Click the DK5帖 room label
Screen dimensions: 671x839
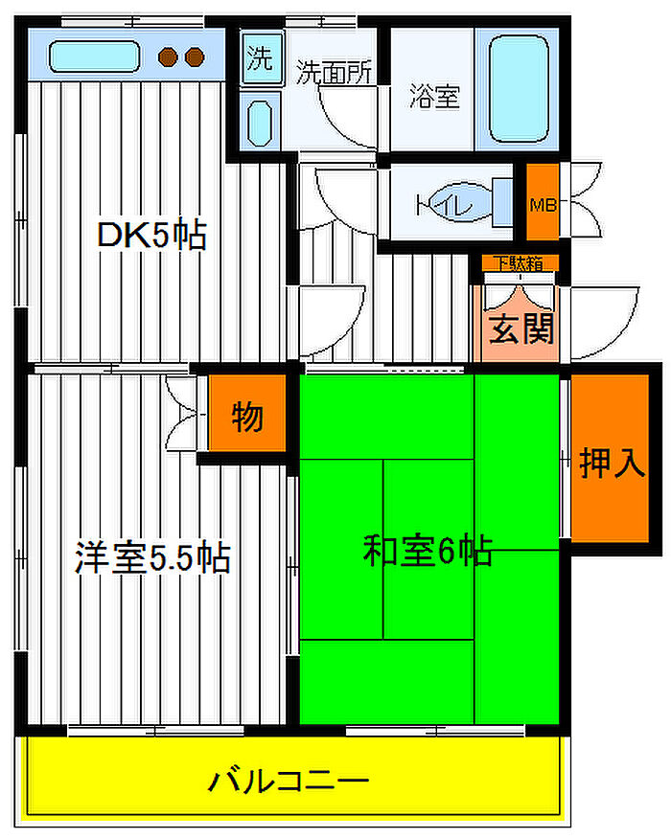(151, 235)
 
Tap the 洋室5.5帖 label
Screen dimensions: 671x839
(152, 557)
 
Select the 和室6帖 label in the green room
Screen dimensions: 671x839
(428, 550)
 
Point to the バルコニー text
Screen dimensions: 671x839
(289, 782)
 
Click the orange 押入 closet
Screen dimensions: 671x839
(610, 458)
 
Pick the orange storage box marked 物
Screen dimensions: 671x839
(247, 413)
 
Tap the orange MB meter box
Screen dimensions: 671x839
(543, 202)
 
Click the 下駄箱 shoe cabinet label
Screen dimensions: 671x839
(518, 263)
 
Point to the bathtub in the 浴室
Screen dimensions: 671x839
(519, 89)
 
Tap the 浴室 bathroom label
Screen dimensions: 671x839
(434, 95)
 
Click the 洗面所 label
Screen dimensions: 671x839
(334, 72)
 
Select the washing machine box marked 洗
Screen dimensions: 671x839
(261, 57)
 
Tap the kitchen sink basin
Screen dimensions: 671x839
(94, 57)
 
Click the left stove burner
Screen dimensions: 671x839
(168, 57)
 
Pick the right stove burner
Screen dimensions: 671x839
(195, 57)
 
